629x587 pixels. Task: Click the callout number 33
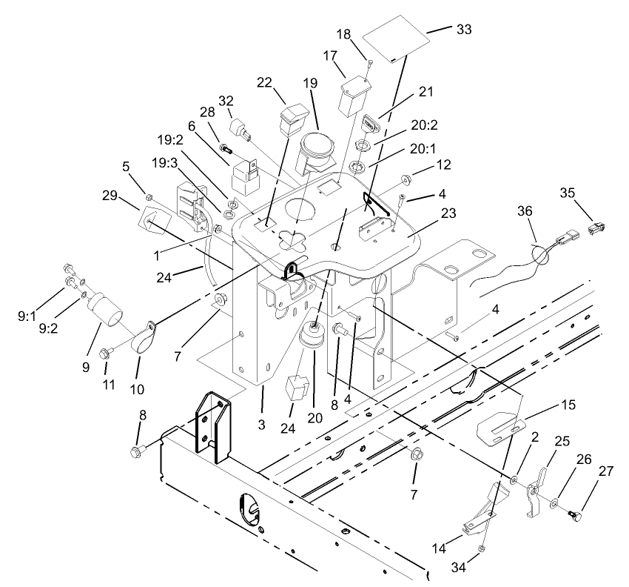464,30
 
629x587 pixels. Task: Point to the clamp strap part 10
148,333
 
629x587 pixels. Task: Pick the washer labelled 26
554,504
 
